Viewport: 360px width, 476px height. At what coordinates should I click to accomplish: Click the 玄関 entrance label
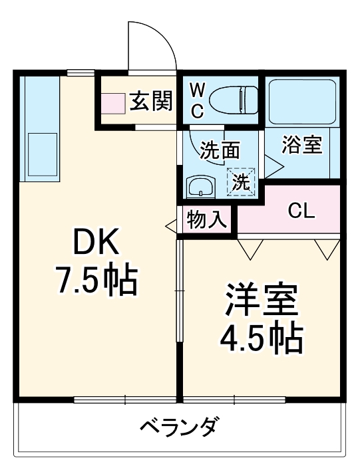click(151, 102)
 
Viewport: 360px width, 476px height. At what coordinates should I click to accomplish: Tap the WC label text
click(198, 100)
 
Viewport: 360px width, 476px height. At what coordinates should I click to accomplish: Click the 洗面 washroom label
click(220, 150)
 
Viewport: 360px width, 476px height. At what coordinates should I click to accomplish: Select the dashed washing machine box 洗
click(241, 181)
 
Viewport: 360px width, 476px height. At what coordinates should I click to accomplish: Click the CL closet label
click(301, 211)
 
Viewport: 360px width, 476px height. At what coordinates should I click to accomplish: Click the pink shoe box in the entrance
click(113, 102)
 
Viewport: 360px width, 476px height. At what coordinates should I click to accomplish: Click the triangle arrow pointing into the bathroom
click(273, 164)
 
